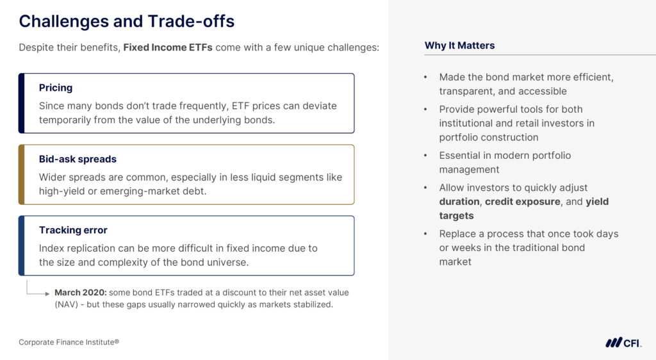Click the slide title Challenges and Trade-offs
click(126, 21)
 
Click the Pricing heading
click(56, 88)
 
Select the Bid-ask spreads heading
click(78, 159)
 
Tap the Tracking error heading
click(73, 230)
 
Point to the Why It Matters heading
click(459, 45)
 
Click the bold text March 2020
click(80, 293)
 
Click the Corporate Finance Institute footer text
click(69, 342)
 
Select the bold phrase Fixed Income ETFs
click(168, 47)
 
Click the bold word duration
click(459, 202)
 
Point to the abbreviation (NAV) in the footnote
click(66, 304)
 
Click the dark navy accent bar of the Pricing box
click(21, 103)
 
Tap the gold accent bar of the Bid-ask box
click(21, 174)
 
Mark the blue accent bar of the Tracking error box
click(21, 245)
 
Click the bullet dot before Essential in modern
click(425, 156)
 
